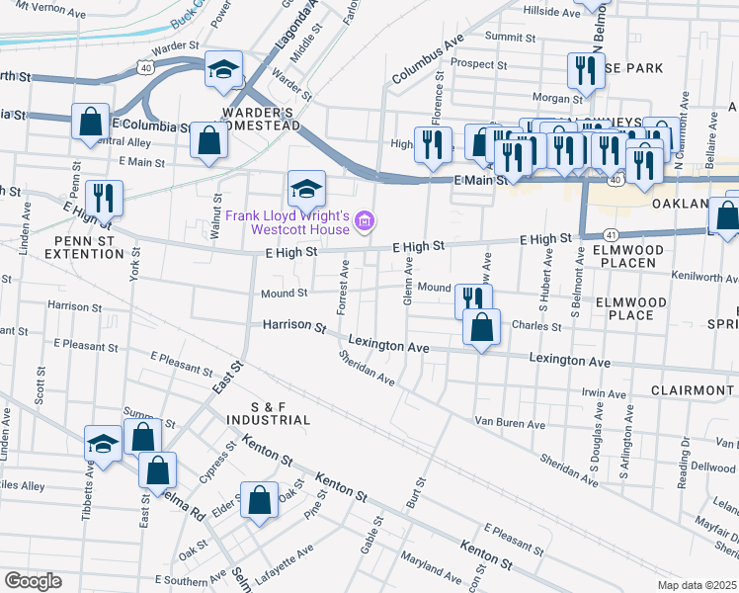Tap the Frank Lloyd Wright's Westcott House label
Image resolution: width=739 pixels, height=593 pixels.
[x=287, y=222]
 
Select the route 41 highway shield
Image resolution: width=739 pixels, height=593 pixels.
[x=613, y=234]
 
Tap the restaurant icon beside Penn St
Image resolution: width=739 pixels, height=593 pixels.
[x=104, y=198]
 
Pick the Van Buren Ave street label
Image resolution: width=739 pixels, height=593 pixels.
[x=510, y=424]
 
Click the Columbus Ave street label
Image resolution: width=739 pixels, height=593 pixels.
[x=427, y=61]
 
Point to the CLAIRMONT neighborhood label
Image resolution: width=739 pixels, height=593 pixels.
[x=692, y=390]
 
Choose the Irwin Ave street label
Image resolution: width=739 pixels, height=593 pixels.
[x=604, y=393]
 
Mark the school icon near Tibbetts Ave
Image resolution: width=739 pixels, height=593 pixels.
[x=103, y=445]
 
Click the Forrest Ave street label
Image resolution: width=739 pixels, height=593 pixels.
[x=344, y=288]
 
